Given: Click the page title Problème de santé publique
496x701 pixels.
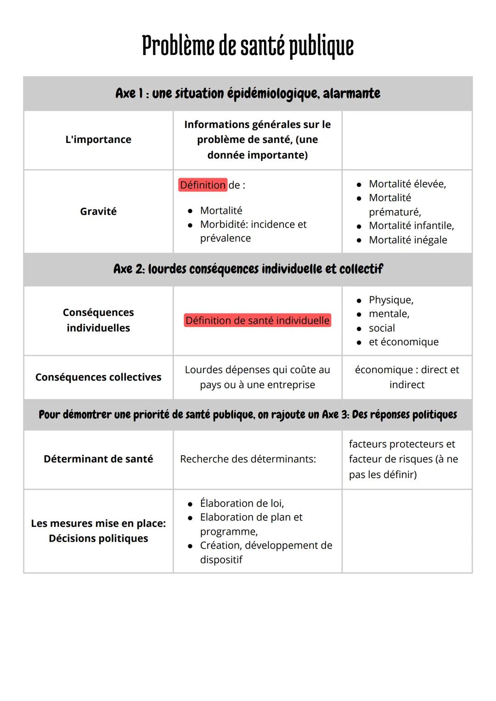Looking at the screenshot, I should pyautogui.click(x=248, y=46).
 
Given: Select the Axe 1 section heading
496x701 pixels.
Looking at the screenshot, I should pyautogui.click(x=248, y=94).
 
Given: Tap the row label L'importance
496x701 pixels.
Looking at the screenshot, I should pyautogui.click(x=98, y=140).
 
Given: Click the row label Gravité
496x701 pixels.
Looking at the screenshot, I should pyautogui.click(x=98, y=211).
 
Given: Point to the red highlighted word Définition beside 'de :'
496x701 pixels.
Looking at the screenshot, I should pyautogui.click(x=203, y=185).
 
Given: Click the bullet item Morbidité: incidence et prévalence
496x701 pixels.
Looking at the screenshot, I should pyautogui.click(x=253, y=231).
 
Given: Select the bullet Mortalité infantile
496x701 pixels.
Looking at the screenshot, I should pyautogui.click(x=411, y=226).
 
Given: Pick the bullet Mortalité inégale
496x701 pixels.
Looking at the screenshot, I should pyautogui.click(x=408, y=240).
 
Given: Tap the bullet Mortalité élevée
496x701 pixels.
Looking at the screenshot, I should pyautogui.click(x=407, y=184).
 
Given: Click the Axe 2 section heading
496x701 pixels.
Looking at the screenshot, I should pyautogui.click(x=248, y=269).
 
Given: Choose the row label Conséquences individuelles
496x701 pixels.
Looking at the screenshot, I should pyautogui.click(x=98, y=320).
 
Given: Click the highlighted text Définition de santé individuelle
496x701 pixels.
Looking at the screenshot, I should pyautogui.click(x=257, y=320).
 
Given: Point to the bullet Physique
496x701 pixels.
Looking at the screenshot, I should pyautogui.click(x=391, y=300).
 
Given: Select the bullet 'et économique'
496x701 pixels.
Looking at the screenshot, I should pyautogui.click(x=403, y=342).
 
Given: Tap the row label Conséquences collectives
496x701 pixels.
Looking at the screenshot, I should pyautogui.click(x=98, y=377).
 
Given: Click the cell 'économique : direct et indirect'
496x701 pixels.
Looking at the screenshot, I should pyautogui.click(x=407, y=377).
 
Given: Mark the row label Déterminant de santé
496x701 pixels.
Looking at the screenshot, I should pyautogui.click(x=98, y=459).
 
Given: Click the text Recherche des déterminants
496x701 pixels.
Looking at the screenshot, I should pyautogui.click(x=248, y=459).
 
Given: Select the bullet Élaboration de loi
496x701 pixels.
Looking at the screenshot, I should pyautogui.click(x=242, y=503).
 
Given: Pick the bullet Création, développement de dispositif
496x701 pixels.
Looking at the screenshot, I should pyautogui.click(x=266, y=552).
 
